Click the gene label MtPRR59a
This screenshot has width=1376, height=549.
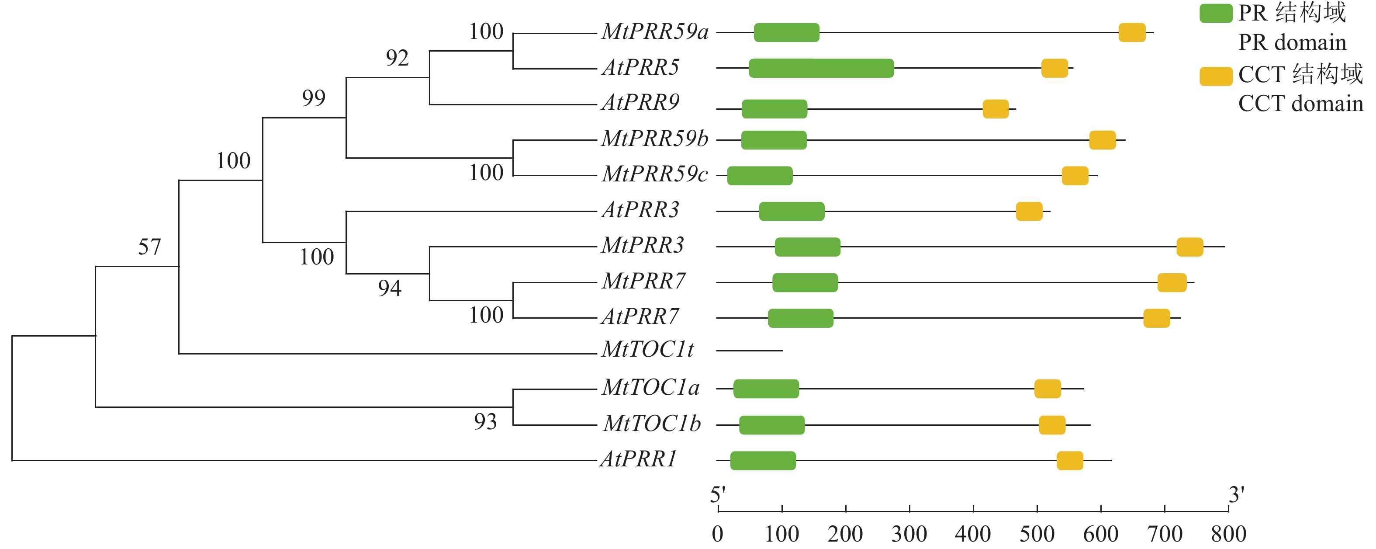(x=655, y=32)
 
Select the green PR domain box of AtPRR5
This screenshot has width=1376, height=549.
(x=821, y=69)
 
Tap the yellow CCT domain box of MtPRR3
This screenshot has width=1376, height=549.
(x=1189, y=247)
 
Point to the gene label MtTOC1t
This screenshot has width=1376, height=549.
(x=647, y=350)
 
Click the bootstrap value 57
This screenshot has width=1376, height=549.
(x=149, y=247)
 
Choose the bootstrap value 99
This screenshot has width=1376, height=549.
(x=314, y=98)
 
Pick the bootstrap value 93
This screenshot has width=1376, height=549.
(x=485, y=422)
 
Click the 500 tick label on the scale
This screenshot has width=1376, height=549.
(x=1037, y=534)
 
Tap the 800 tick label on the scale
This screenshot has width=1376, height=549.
(x=1228, y=534)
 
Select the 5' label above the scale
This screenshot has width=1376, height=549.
(x=717, y=495)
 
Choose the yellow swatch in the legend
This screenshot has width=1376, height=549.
(x=1216, y=76)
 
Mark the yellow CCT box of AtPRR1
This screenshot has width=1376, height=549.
(x=1070, y=461)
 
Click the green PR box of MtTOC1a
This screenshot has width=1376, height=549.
(x=766, y=389)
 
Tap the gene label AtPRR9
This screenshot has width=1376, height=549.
(x=640, y=103)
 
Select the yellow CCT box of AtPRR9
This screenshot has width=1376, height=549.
(x=996, y=109)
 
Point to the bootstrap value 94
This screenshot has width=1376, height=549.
(x=389, y=288)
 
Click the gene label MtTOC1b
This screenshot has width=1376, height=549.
(x=652, y=424)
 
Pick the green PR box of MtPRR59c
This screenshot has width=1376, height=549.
(x=760, y=176)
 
